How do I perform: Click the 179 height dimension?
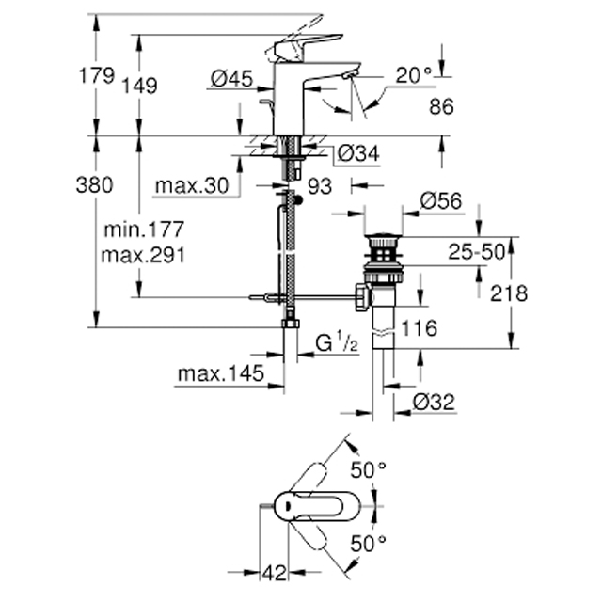click(x=96, y=75)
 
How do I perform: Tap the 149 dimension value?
click(x=139, y=86)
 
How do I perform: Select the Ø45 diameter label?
click(x=232, y=79)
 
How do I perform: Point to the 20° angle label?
click(x=414, y=75)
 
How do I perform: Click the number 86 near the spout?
click(x=441, y=106)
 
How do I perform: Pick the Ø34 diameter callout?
click(x=358, y=153)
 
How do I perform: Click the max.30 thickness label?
click(x=192, y=186)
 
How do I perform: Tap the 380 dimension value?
click(x=94, y=184)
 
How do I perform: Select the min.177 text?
click(x=144, y=230)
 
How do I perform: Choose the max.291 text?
click(x=143, y=255)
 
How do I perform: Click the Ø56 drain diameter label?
click(x=441, y=200)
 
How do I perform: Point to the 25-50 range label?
click(x=477, y=252)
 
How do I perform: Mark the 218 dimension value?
click(x=509, y=293)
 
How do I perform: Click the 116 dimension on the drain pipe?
click(x=419, y=328)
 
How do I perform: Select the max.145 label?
click(x=221, y=373)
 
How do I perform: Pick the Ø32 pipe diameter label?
click(x=434, y=403)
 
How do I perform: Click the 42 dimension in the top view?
click(x=274, y=573)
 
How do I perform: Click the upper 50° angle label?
click(x=368, y=470)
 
